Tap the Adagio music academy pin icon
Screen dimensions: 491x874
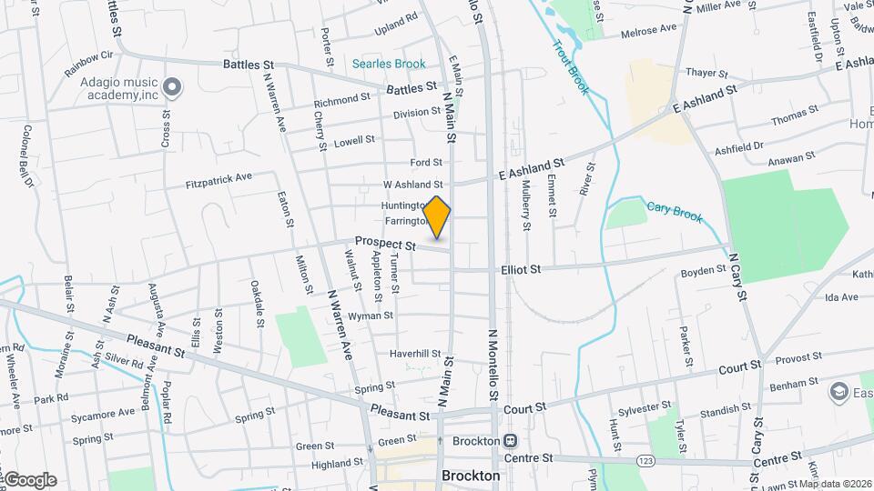(173, 87)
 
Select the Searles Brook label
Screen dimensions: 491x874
(389, 64)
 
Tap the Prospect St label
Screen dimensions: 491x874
(385, 245)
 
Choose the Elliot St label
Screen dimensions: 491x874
(521, 269)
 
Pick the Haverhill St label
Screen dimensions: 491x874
(415, 354)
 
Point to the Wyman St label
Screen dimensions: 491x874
(371, 316)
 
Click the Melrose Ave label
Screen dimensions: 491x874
(648, 29)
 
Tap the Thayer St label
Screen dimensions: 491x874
(707, 73)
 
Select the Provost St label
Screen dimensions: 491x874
(791, 360)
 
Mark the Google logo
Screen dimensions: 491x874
(29, 479)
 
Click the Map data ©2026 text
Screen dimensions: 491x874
(834, 483)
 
